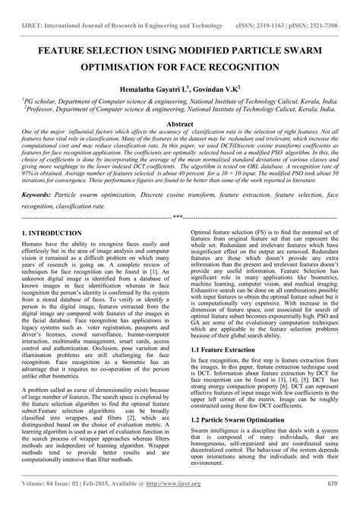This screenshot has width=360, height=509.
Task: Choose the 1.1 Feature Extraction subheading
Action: coord(225,349)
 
